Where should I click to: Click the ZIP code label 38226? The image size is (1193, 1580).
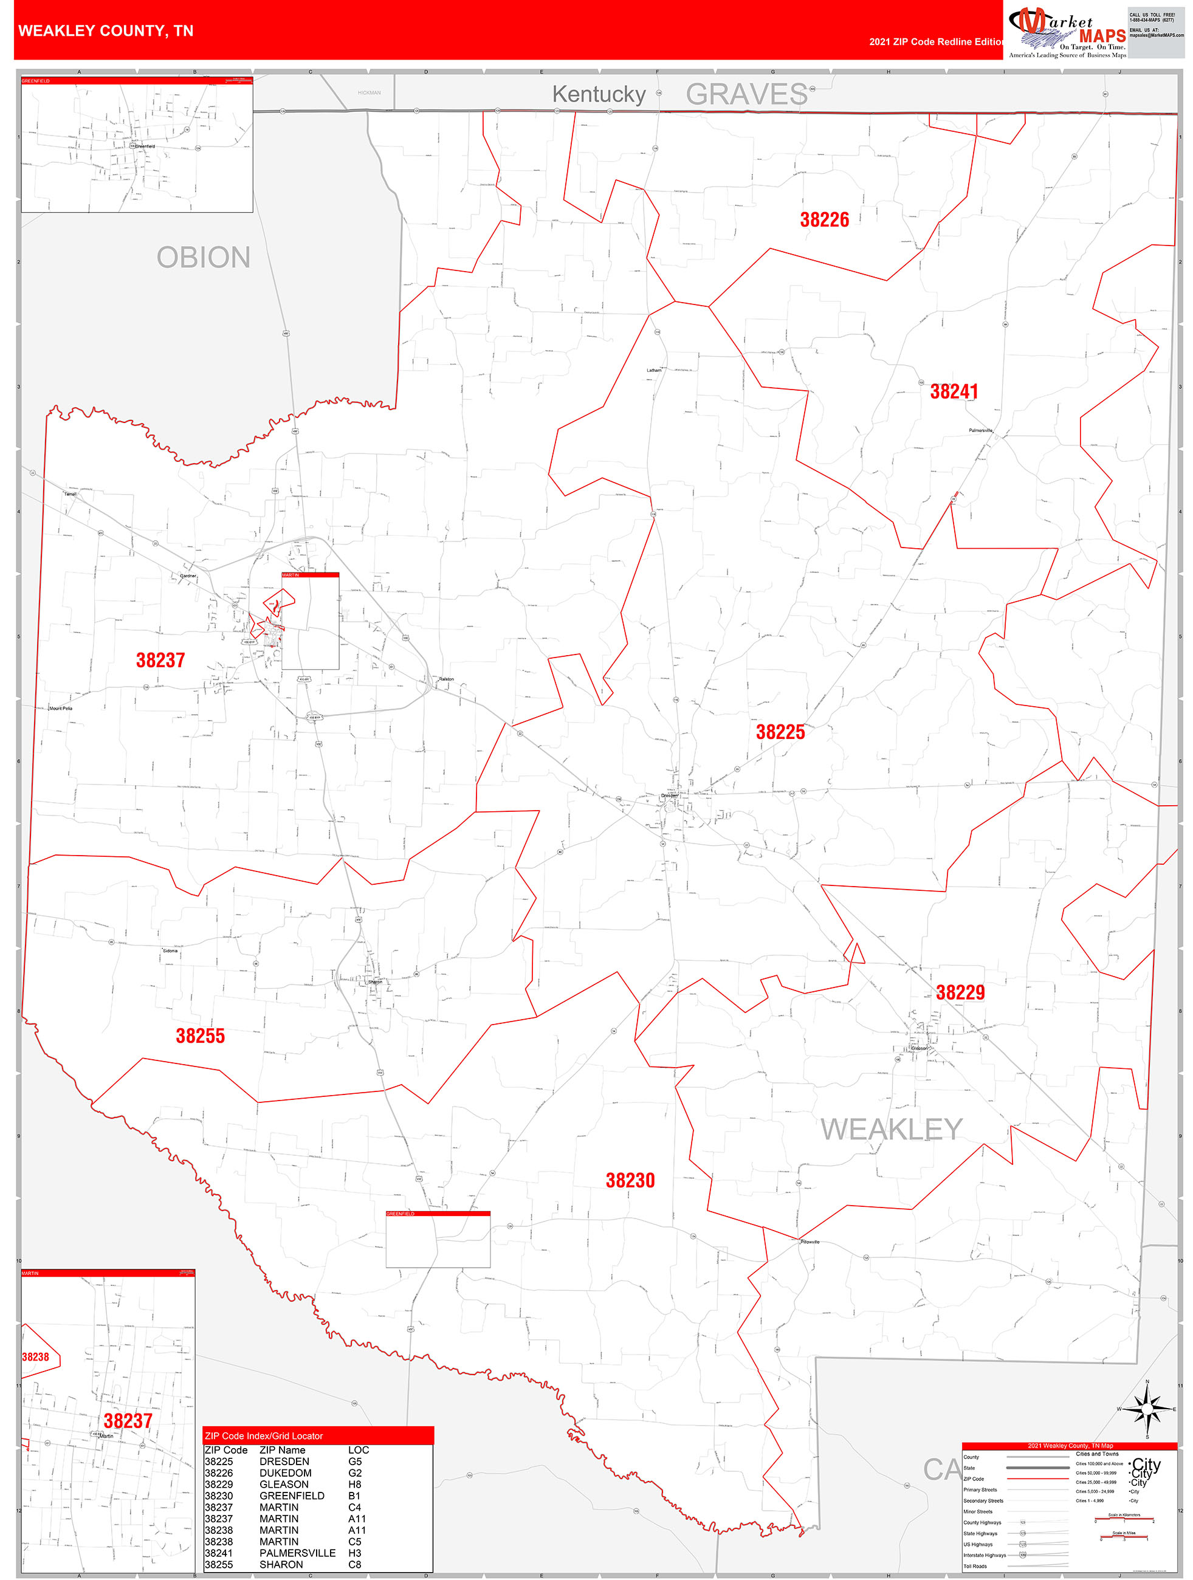coord(824,220)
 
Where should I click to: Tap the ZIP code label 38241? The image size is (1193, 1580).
coord(954,391)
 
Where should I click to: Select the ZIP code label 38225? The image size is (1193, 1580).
coord(780,732)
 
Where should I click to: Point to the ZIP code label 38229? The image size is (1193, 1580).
coord(960,992)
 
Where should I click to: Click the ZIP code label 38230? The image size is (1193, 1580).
coord(630,1181)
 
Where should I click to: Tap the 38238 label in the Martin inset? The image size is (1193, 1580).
coord(36,1357)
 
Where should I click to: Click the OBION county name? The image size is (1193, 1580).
coord(204,258)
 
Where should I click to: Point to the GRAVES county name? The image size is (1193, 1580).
coord(746,94)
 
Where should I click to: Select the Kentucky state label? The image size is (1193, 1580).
coord(599,94)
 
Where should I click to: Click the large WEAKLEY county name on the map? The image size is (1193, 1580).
coord(891,1129)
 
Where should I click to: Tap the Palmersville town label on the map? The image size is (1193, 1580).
coord(980,431)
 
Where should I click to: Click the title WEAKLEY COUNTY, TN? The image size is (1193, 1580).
coord(106,31)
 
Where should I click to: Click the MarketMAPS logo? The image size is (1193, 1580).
coord(1067,32)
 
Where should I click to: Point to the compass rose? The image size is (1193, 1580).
coord(1147,1409)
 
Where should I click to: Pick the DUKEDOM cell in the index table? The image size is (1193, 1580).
coord(285,1473)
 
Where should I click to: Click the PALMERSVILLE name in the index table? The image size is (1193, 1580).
coord(297,1553)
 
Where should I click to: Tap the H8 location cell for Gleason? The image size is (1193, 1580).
coord(355,1484)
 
